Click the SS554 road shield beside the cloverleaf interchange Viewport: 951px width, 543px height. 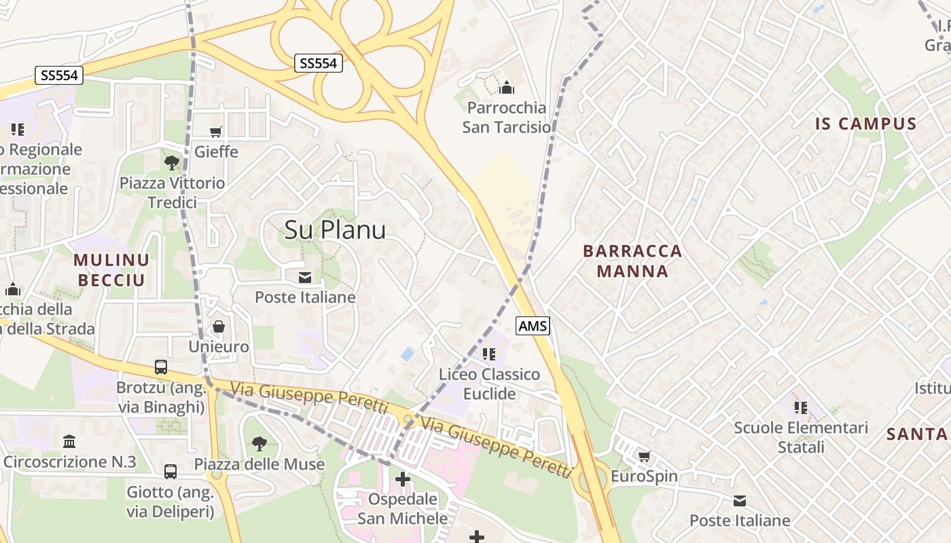pyautogui.click(x=319, y=63)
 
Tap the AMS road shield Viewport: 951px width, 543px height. pyautogui.click(x=533, y=326)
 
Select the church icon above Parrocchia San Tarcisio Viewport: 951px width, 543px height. pyautogui.click(x=506, y=88)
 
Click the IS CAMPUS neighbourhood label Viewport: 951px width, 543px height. pyautogui.click(x=866, y=124)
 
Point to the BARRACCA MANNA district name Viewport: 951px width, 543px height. pyautogui.click(x=632, y=261)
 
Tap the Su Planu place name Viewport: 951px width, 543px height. pyautogui.click(x=335, y=229)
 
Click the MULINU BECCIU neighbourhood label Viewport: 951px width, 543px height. pyautogui.click(x=111, y=269)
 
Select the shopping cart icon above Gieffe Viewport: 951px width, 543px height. pyautogui.click(x=216, y=132)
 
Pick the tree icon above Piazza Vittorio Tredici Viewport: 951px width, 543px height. pyautogui.click(x=171, y=162)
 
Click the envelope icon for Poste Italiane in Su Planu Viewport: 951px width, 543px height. pyautogui.click(x=304, y=277)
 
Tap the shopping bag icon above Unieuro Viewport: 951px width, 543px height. pyautogui.click(x=218, y=326)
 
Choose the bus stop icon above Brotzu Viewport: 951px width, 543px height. pyautogui.click(x=161, y=367)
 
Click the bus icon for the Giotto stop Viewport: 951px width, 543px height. pyautogui.click(x=171, y=471)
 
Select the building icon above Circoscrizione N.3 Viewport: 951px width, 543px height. pyautogui.click(x=69, y=442)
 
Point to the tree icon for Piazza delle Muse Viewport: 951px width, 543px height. pyautogui.click(x=259, y=444)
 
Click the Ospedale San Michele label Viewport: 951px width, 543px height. pyautogui.click(x=403, y=509)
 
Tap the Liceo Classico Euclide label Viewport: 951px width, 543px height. pyautogui.click(x=489, y=384)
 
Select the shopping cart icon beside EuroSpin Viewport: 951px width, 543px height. pyautogui.click(x=644, y=456)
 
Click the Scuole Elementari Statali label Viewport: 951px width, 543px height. pyautogui.click(x=801, y=437)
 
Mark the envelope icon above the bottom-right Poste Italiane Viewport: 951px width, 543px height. pyautogui.click(x=740, y=501)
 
